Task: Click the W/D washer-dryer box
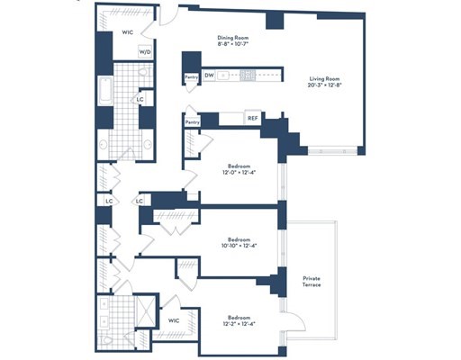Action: click(145, 51)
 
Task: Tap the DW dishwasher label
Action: click(209, 76)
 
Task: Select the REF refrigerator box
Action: click(254, 116)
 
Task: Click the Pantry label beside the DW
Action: click(191, 77)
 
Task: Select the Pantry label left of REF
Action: click(192, 121)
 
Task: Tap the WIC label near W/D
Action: click(128, 33)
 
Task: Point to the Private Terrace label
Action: click(312, 283)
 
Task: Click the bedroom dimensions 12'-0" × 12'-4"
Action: click(239, 172)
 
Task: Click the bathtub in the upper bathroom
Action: click(104, 93)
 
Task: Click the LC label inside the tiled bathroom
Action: click(140, 99)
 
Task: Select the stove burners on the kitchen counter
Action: click(249, 76)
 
